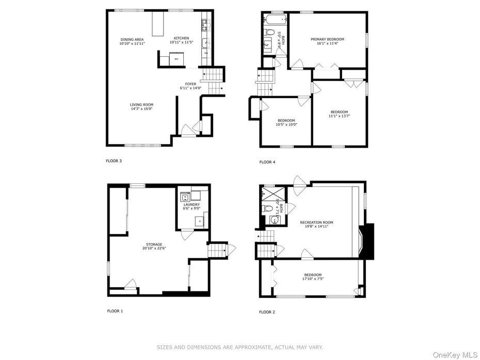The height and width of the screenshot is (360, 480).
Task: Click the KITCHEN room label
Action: [181, 38]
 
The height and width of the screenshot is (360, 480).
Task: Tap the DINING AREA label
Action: [132, 39]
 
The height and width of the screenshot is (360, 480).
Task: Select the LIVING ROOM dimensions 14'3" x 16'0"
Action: [141, 109]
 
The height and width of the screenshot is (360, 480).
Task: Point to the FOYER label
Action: [191, 84]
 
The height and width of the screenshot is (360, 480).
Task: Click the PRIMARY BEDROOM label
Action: [327, 39]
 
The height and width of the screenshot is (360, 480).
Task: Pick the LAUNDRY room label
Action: [191, 205]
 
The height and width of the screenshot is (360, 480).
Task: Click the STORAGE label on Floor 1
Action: [154, 244]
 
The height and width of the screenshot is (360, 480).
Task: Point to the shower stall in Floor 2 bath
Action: [269, 195]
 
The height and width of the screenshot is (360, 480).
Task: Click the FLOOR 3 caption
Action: [114, 161]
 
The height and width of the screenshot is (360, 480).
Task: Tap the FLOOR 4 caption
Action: [267, 162]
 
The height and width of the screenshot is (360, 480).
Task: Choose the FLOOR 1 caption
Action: [115, 311]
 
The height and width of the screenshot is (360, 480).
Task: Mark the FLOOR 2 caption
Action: [267, 312]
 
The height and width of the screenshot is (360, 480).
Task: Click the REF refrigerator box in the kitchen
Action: [177, 59]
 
